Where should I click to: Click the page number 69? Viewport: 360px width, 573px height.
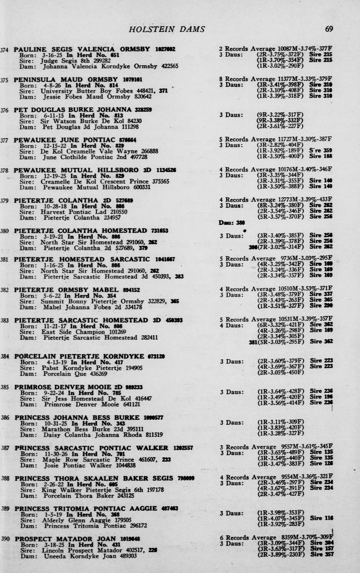(x=329, y=29)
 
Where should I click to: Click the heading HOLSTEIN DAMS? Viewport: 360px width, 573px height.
(x=167, y=29)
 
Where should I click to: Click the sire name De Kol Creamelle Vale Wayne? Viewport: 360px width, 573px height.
(x=83, y=152)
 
